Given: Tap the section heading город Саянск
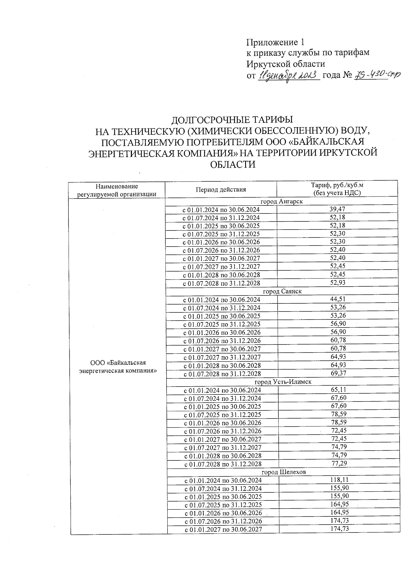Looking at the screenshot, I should (x=282, y=291).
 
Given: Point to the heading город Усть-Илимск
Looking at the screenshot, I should (x=283, y=382).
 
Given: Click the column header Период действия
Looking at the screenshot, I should (x=221, y=189).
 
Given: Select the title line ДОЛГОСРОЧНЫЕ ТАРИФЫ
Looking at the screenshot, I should (x=232, y=120).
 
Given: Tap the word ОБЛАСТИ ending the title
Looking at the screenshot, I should (x=233, y=165).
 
